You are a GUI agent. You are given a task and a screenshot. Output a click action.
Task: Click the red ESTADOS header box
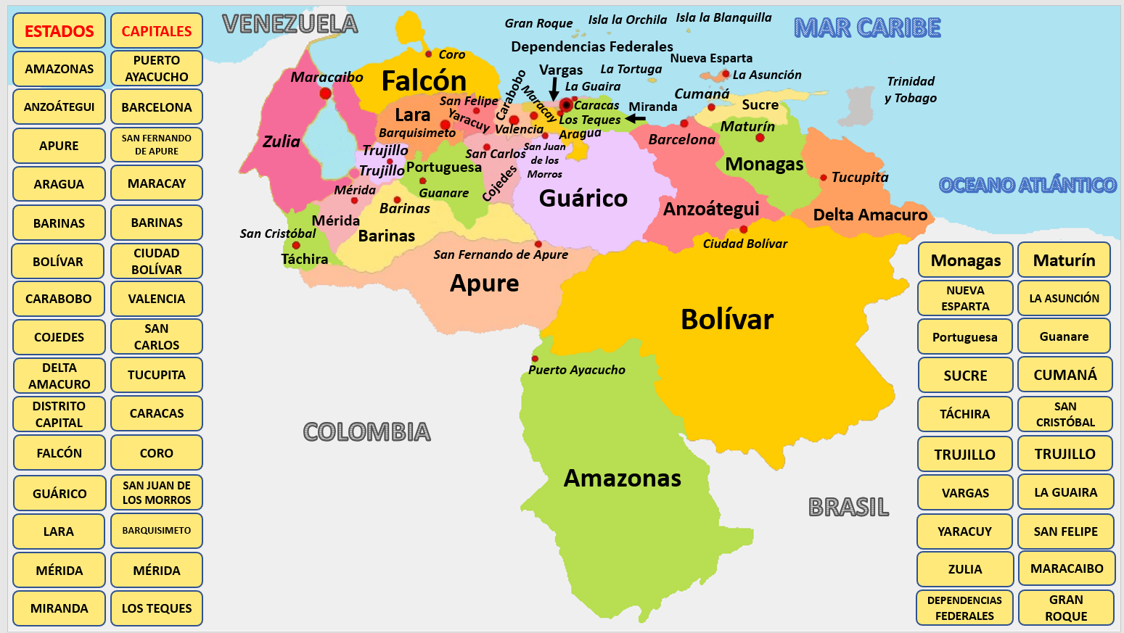click(x=59, y=31)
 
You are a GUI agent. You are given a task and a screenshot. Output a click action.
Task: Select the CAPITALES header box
click(x=157, y=31)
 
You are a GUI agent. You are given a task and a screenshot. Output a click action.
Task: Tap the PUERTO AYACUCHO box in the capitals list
click(x=157, y=69)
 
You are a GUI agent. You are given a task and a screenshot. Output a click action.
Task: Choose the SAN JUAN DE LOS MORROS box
click(x=157, y=493)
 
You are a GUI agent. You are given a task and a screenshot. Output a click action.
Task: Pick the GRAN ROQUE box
click(x=1066, y=608)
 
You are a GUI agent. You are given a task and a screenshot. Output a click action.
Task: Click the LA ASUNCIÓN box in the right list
click(x=1064, y=298)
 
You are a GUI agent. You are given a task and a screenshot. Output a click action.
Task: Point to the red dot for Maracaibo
click(x=325, y=93)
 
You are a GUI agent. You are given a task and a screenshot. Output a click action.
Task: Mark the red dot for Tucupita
click(x=824, y=177)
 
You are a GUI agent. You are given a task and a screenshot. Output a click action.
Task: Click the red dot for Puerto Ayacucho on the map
click(x=535, y=358)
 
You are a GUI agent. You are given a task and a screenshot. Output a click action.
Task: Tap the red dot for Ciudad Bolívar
click(x=743, y=229)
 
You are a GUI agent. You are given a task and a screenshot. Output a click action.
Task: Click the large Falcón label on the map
click(x=424, y=80)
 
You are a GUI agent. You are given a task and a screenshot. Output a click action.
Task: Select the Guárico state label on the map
click(x=583, y=198)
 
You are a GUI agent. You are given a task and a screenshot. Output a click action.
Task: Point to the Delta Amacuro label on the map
click(x=870, y=215)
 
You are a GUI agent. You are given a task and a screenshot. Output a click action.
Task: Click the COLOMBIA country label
click(x=366, y=432)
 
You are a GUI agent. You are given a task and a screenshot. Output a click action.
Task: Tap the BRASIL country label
click(x=848, y=507)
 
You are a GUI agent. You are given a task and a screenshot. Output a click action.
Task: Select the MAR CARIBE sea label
click(x=867, y=28)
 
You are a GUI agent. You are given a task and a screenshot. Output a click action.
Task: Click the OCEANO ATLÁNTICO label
click(x=1027, y=185)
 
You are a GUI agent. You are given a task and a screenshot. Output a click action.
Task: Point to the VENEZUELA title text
click(x=290, y=24)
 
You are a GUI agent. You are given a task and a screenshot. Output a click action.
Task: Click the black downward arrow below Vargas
click(x=554, y=90)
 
